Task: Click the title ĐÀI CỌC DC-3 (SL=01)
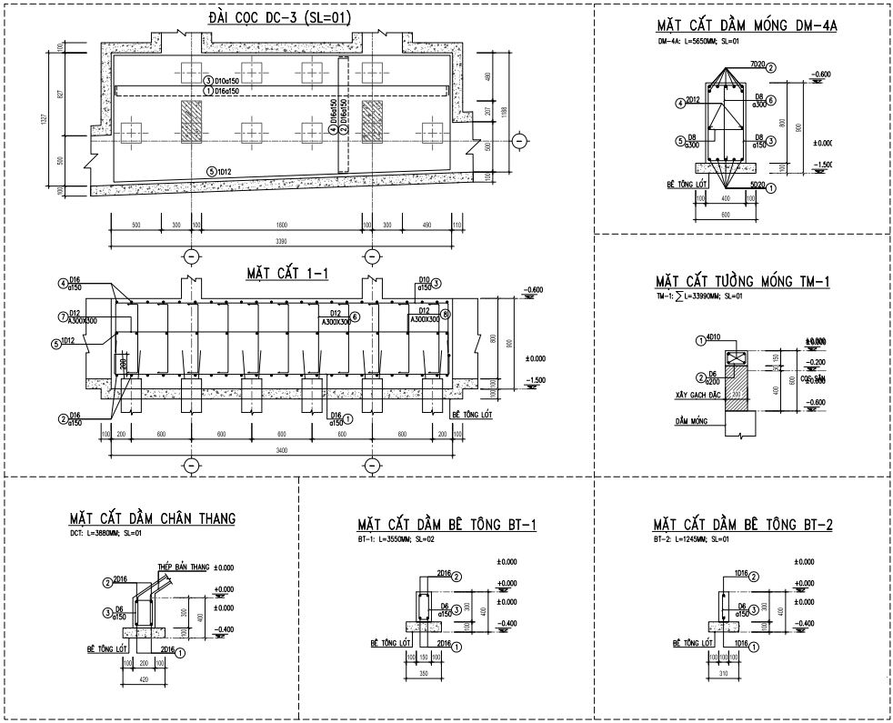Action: tap(266, 17)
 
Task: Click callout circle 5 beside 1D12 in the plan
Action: tap(210, 171)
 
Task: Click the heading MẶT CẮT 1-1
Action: tap(286, 273)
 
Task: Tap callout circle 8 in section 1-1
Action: tap(445, 315)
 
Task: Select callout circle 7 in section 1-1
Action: tap(63, 317)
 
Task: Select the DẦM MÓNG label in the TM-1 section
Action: tap(691, 422)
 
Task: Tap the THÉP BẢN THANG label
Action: tap(183, 567)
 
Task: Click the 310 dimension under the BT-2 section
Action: tap(724, 675)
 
